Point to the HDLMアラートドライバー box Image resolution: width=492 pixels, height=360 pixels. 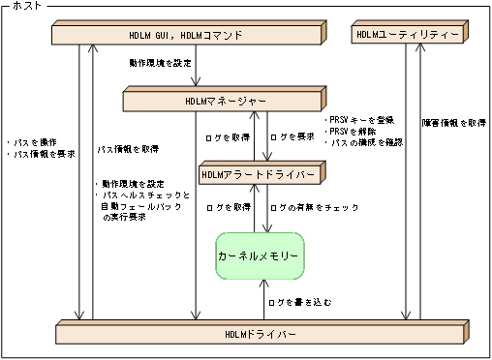257,175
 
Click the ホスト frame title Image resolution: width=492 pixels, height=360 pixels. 26,7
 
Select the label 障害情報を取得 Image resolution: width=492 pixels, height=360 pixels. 453,123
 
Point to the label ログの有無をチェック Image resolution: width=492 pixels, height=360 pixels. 315,208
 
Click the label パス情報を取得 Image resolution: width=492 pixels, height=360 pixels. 128,150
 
